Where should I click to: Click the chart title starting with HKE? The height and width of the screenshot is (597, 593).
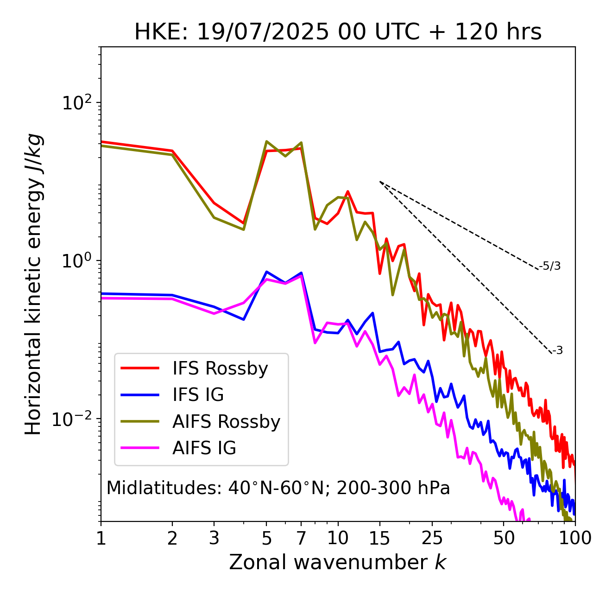(338, 32)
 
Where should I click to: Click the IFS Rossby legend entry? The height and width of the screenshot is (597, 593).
(220, 368)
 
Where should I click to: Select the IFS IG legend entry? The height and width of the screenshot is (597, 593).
(198, 395)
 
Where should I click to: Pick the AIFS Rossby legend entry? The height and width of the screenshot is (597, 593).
(226, 422)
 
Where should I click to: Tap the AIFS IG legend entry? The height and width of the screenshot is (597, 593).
(204, 448)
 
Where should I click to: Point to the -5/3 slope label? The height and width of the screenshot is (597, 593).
(550, 266)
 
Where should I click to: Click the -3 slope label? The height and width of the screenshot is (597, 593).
(557, 351)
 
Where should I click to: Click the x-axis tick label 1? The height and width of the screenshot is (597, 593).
(101, 538)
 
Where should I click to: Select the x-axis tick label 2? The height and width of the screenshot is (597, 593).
(172, 538)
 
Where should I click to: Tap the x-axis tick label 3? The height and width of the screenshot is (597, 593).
(214, 538)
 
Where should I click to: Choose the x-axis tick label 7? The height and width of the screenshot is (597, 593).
(301, 538)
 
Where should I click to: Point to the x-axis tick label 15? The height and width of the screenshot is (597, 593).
(379, 538)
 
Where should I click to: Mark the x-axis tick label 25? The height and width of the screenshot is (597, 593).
(432, 538)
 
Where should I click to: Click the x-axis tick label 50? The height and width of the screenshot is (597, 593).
(504, 538)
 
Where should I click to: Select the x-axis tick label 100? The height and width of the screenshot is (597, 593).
(575, 538)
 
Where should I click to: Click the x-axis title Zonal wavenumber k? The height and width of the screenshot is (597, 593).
(337, 562)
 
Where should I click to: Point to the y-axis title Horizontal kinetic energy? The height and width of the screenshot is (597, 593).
(33, 284)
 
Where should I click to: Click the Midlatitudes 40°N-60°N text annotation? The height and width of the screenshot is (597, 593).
(278, 488)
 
